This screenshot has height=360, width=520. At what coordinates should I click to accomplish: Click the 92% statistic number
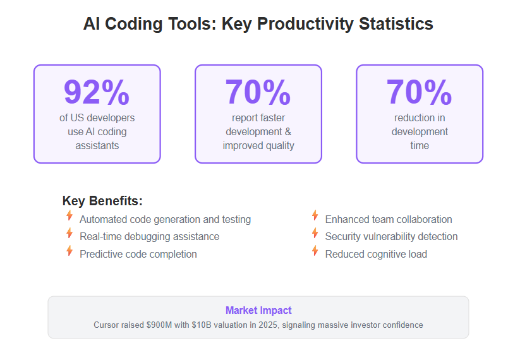pos(97,92)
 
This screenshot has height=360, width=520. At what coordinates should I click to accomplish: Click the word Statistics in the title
pos(396,24)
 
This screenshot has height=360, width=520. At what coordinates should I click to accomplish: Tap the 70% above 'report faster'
pos(258,92)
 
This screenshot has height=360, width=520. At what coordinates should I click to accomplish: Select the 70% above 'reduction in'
pos(419,92)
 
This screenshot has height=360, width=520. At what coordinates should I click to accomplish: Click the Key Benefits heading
pos(102,201)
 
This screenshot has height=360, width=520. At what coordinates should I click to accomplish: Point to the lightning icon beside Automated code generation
pos(70,215)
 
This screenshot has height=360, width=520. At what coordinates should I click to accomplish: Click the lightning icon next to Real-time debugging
pos(70,232)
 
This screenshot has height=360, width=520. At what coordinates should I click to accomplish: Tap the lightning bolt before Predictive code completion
pos(70,250)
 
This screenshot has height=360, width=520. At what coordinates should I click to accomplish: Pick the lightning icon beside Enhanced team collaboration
pos(315,215)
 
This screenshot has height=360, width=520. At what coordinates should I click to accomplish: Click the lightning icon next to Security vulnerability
pos(315,232)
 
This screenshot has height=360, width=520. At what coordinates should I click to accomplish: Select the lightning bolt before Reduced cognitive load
pos(315,250)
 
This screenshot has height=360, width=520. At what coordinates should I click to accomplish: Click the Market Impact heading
pos(258,310)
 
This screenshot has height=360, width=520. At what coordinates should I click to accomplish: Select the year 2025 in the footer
pos(268,325)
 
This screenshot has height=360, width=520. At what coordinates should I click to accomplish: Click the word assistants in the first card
pos(97,145)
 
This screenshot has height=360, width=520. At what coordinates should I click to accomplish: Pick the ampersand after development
pos(288,131)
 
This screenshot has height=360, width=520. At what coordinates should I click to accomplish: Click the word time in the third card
pos(420,145)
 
